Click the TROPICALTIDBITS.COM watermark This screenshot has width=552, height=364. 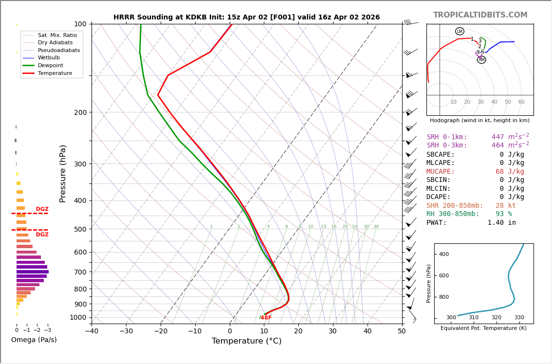[x=480, y=15]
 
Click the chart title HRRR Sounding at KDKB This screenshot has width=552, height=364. [x=246, y=18]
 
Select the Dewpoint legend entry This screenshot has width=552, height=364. [x=50, y=65]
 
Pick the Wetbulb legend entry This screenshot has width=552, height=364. [x=49, y=57]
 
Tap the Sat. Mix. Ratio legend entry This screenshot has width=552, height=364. [x=57, y=35]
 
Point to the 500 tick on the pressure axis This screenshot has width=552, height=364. [x=80, y=229]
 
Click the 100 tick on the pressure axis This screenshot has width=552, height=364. [x=80, y=24]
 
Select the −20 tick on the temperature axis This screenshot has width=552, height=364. [x=161, y=331]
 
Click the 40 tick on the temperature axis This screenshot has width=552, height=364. [x=368, y=331]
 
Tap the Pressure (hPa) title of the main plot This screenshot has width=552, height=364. [x=63, y=173]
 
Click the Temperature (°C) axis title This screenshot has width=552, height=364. [x=246, y=341]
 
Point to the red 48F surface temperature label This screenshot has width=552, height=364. [x=266, y=318]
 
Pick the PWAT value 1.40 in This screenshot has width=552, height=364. [x=502, y=223]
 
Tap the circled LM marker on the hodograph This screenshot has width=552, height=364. [x=460, y=32]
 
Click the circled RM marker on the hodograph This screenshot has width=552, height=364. [x=481, y=60]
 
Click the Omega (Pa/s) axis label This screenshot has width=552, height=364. [x=34, y=340]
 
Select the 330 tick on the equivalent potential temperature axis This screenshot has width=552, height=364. [x=519, y=318]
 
